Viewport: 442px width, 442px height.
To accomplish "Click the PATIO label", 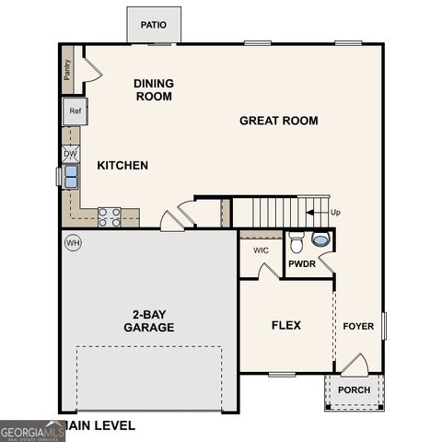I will tap(154, 25).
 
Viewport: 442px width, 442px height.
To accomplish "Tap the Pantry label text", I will tap(67, 70).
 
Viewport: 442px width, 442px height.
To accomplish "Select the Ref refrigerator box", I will tap(75, 112).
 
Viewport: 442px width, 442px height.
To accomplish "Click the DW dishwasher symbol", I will tap(71, 153).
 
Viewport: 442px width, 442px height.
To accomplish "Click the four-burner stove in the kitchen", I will tap(109, 216).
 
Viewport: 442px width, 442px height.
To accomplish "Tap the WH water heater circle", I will tap(73, 243).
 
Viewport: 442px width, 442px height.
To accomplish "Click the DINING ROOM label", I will tap(154, 89).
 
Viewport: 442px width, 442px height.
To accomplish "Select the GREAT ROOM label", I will tap(279, 121).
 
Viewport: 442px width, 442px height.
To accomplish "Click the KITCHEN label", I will tap(122, 166).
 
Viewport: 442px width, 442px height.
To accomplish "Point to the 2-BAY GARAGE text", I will tap(149, 320).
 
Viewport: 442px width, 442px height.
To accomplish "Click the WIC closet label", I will tap(261, 250).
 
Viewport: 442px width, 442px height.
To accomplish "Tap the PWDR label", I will tap(302, 264).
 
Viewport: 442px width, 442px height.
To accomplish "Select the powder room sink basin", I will tap(320, 239).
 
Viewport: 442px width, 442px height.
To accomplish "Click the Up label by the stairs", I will tap(335, 213).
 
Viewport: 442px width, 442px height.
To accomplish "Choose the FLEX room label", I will tap(285, 325).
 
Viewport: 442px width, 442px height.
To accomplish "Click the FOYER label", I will tap(358, 326).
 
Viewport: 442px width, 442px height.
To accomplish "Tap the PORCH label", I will tap(354, 390).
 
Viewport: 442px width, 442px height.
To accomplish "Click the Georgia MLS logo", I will tap(32, 431).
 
